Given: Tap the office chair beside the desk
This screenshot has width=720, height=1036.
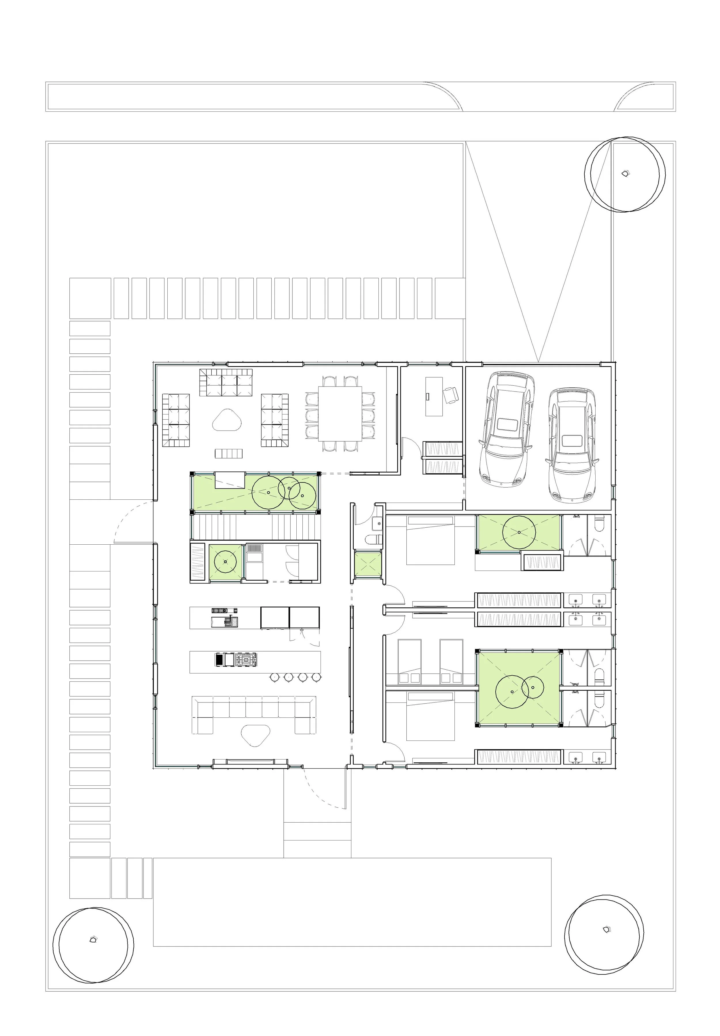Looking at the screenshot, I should [451, 395].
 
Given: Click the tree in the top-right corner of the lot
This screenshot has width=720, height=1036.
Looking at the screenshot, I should [625, 174].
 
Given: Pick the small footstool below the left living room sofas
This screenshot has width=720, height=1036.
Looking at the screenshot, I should [229, 453].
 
